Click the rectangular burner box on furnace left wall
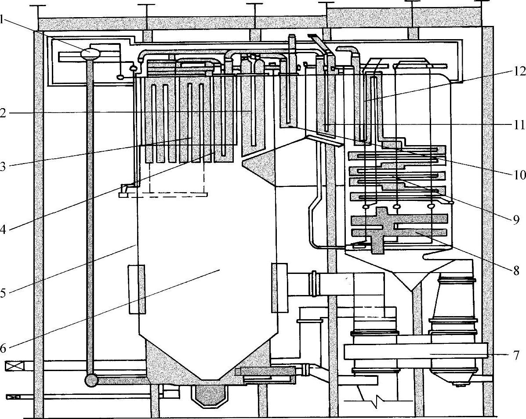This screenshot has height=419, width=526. [137, 289]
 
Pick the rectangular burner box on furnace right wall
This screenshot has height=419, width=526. [279, 288]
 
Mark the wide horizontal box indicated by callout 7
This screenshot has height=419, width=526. [415, 351]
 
